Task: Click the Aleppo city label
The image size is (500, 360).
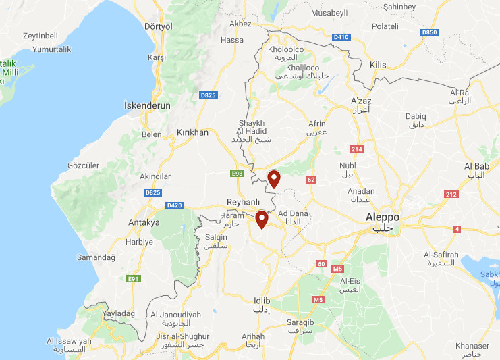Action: point(382,217)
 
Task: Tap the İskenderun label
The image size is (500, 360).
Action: point(147,106)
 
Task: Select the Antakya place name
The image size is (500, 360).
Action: point(144,222)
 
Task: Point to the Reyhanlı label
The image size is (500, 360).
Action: point(243,203)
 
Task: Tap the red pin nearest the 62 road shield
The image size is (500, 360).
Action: point(274,179)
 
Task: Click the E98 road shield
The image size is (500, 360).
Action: point(237,174)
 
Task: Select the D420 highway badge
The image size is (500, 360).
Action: point(174,205)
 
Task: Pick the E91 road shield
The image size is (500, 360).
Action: point(134,278)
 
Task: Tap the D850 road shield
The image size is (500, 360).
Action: point(429,32)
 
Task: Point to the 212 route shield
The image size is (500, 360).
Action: point(451,195)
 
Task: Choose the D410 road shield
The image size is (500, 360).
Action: point(341,37)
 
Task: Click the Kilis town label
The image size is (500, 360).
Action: point(378,65)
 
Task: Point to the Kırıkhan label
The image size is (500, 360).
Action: point(192,132)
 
